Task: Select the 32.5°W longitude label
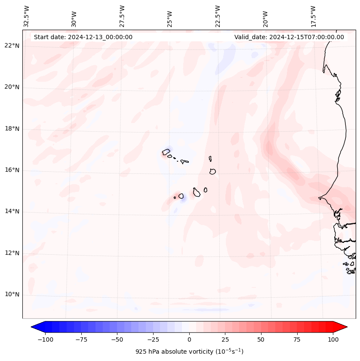27,16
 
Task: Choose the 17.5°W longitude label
313,16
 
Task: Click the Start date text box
83,37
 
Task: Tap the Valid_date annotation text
289,37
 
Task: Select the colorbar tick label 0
189,339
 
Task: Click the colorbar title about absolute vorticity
189,352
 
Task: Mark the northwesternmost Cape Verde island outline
166,152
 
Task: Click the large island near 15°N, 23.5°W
197,192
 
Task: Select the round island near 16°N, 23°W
212,171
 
